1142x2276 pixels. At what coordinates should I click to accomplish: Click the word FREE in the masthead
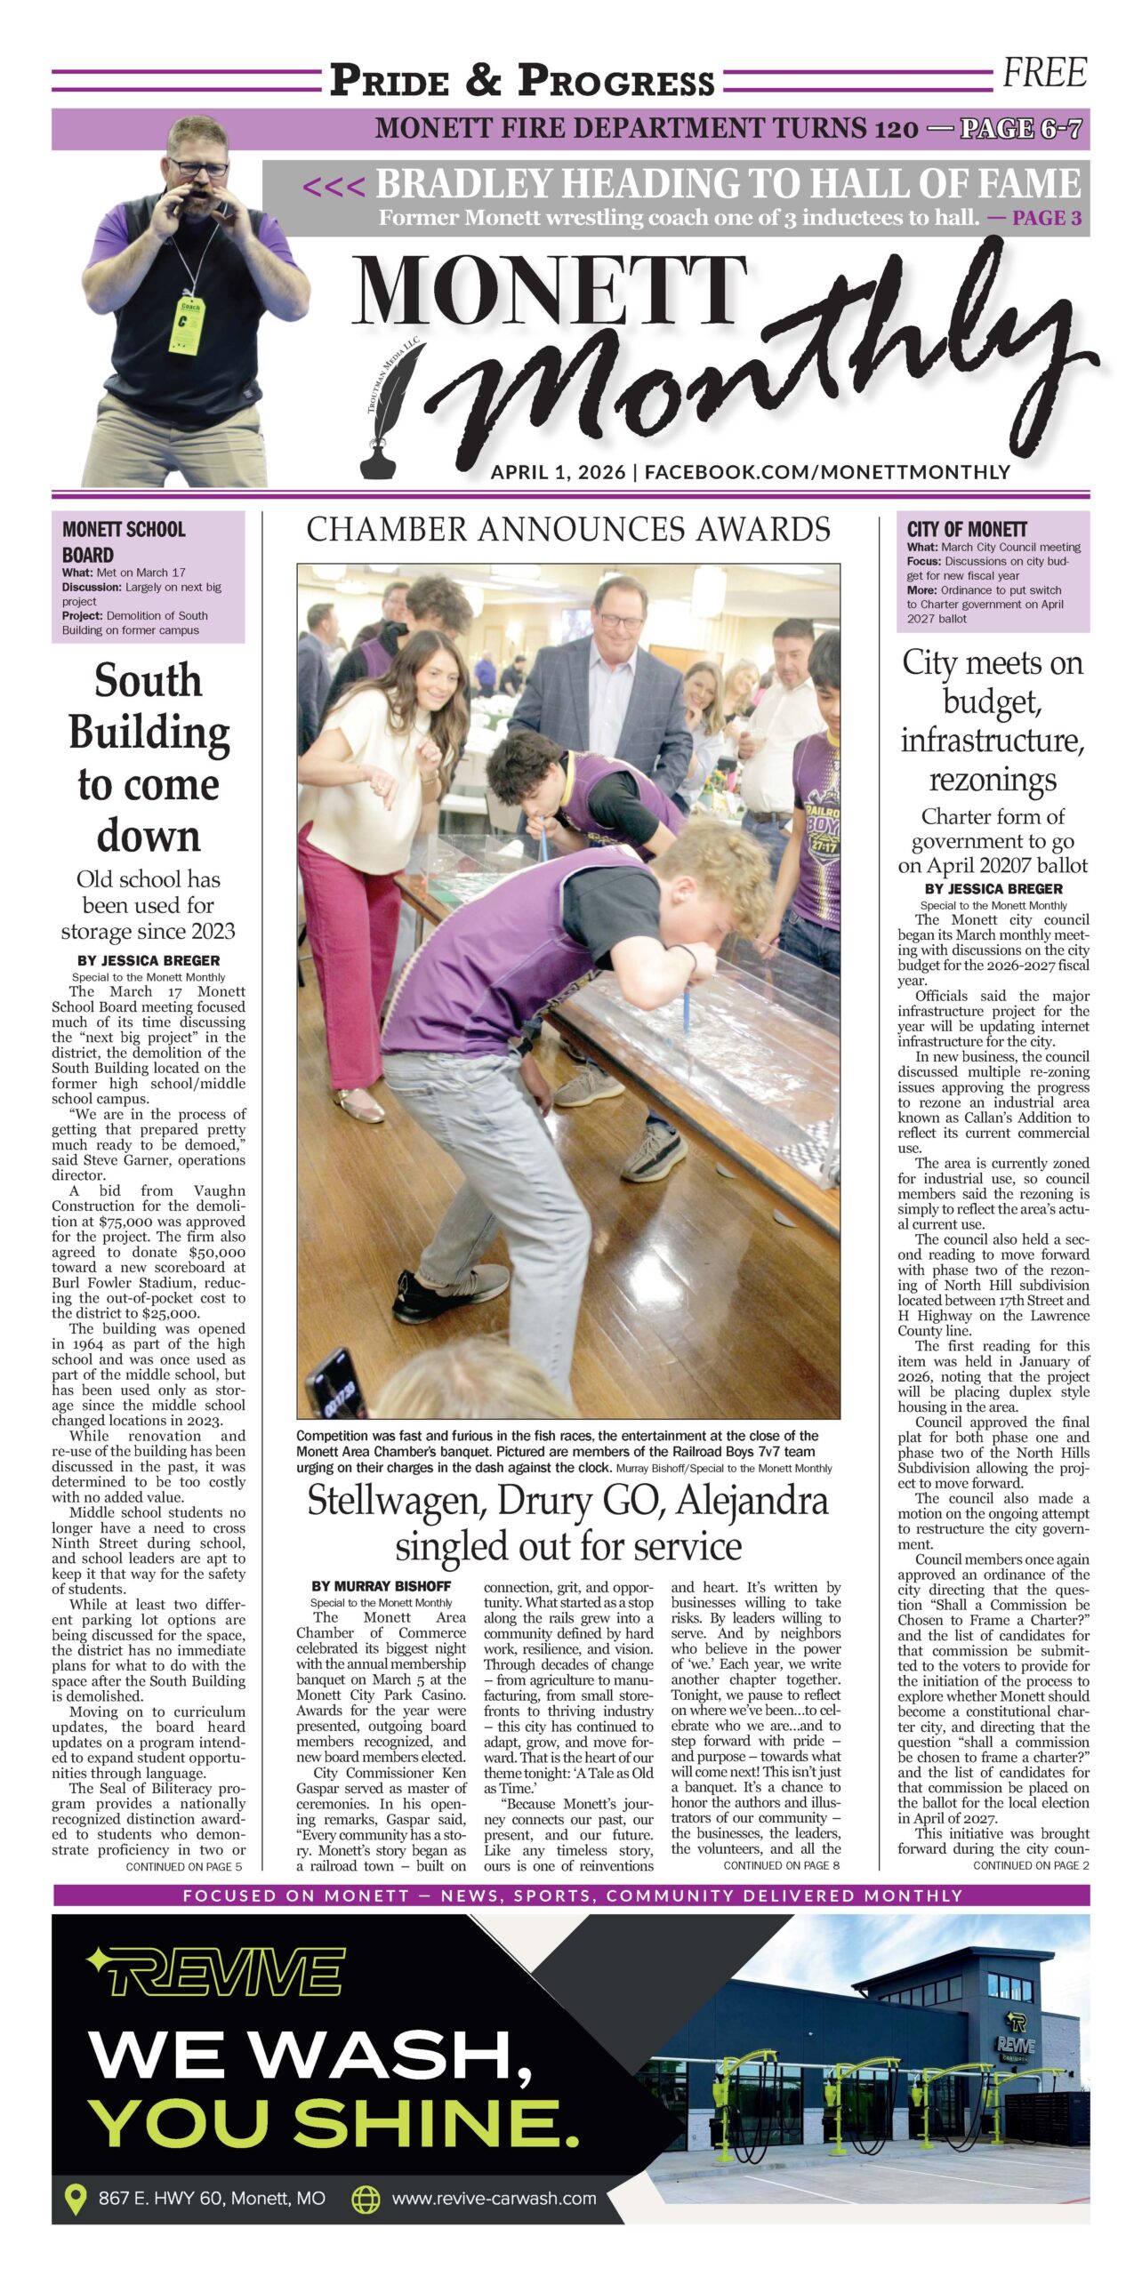1044,73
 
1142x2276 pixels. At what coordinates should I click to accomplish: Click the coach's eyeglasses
199,166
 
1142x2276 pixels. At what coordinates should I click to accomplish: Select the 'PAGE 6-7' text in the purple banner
1021,129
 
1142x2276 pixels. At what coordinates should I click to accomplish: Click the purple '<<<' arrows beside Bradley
334,187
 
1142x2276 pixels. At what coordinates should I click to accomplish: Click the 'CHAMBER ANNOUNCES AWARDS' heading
568,530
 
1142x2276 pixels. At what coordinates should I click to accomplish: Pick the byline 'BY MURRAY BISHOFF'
381,1586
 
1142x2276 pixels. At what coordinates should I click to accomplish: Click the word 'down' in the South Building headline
149,836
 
